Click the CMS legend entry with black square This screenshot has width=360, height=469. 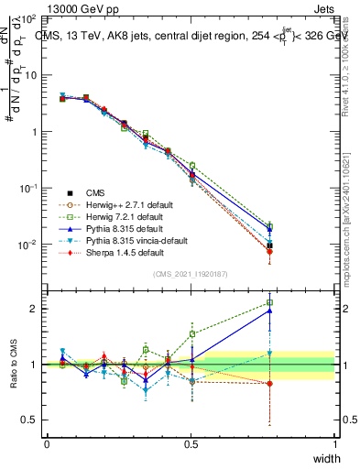tap(94, 192)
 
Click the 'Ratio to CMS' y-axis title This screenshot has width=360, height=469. tap(14, 365)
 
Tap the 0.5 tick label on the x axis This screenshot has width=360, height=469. tap(191, 443)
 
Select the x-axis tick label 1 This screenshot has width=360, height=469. tap(334, 443)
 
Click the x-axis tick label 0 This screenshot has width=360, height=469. tap(47, 443)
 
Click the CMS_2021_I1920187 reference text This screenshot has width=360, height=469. tap(191, 274)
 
